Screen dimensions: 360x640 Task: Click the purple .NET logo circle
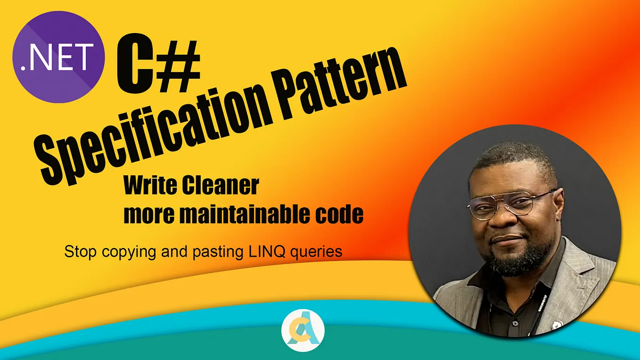pos(58,57)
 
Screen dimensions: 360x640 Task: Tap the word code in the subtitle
pos(340,215)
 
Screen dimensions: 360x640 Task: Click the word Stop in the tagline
pos(78,252)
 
